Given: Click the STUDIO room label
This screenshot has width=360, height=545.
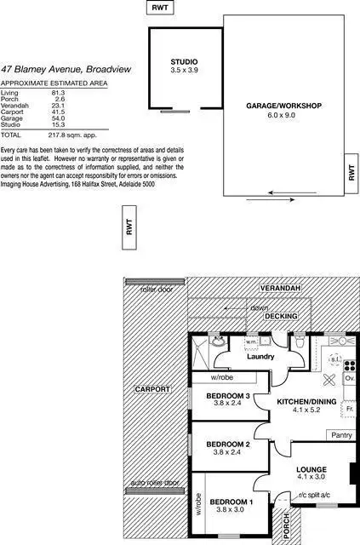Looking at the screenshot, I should click(184, 61).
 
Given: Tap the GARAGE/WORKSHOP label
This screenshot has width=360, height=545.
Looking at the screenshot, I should click(283, 106).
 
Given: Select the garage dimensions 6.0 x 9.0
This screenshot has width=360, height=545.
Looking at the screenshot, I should click(283, 114).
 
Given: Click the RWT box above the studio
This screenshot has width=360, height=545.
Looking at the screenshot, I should click(159, 8).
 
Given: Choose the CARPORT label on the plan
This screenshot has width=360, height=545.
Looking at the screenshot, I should click(152, 389).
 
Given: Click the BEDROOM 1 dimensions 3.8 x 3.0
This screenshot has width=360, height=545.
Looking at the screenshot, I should click(231, 510).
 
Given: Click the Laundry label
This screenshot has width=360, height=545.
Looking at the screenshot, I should click(260, 357).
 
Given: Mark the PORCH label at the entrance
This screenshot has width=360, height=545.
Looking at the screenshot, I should click(286, 522).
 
